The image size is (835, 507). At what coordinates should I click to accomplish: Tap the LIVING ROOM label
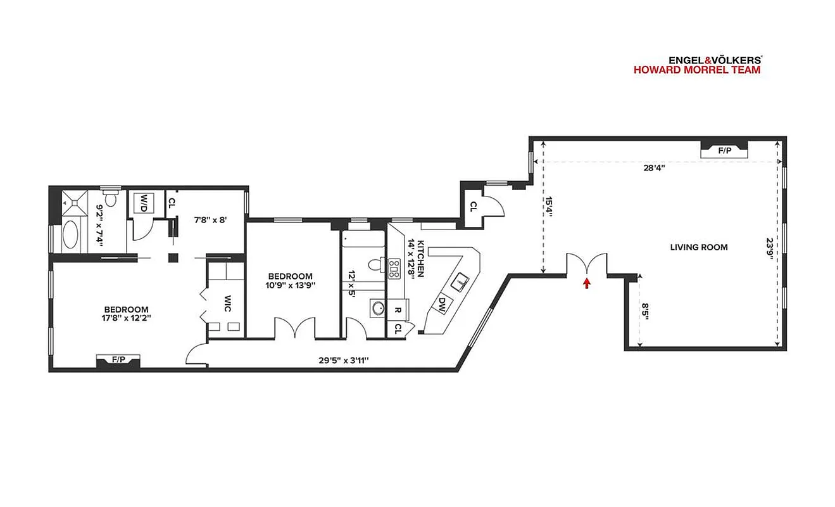point(699,247)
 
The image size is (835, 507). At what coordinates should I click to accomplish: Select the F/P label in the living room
point(724,151)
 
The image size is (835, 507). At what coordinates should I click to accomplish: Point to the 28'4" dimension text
point(654,168)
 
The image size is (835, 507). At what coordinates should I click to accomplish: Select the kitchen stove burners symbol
point(394,269)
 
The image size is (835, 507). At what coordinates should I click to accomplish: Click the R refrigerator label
point(398,311)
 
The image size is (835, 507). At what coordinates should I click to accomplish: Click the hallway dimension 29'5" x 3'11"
point(344,360)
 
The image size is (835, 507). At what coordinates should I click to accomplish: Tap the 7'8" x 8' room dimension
point(210,220)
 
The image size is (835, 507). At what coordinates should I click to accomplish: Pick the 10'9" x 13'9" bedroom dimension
point(291,285)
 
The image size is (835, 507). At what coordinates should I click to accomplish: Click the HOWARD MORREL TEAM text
point(697,70)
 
